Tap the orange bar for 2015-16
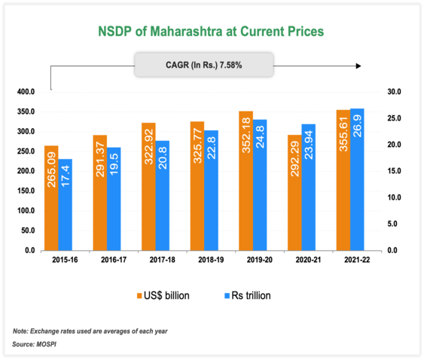click(52, 197)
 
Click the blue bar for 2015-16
click(66, 204)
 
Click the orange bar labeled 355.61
click(342, 180)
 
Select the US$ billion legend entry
click(162, 296)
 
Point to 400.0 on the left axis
click(26, 92)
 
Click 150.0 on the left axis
click(26, 191)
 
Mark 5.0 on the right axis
click(393, 224)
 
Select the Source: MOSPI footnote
click(36, 344)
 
